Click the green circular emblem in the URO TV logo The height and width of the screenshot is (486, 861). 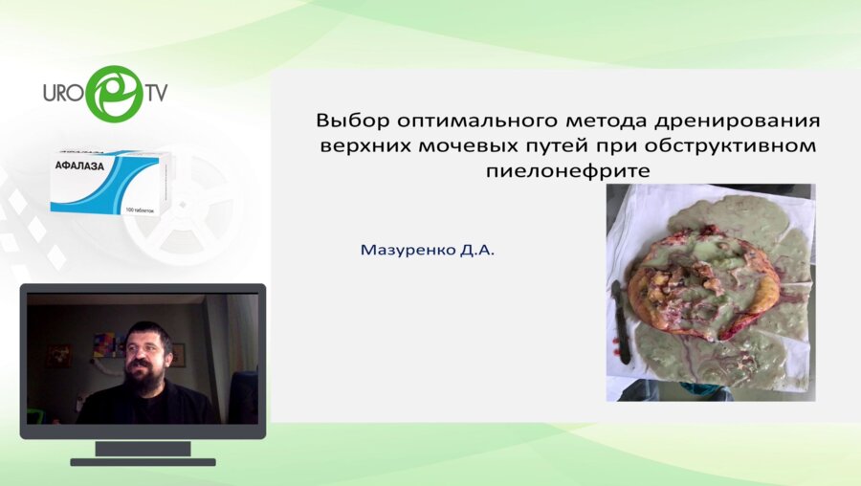pyautogui.click(x=114, y=93)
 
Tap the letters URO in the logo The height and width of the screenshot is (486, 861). pyautogui.click(x=65, y=95)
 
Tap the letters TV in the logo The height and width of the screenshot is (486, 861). pyautogui.click(x=156, y=94)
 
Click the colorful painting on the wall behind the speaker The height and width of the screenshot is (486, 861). pyautogui.click(x=103, y=343)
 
